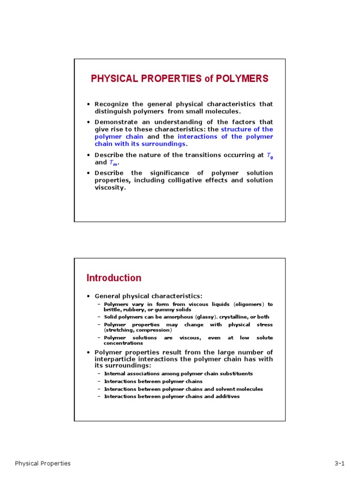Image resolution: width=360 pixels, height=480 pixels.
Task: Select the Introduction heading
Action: pos(114,278)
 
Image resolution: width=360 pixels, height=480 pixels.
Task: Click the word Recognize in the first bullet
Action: pos(111,104)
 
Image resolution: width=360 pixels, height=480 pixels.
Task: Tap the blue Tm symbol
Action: pos(113,163)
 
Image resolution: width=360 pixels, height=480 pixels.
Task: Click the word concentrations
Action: pos(123,343)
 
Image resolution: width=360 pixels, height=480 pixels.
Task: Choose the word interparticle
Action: pos(115,359)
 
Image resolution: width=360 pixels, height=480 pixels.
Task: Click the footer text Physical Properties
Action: pos(43,464)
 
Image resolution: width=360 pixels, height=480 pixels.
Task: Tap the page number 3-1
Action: pos(339,464)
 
